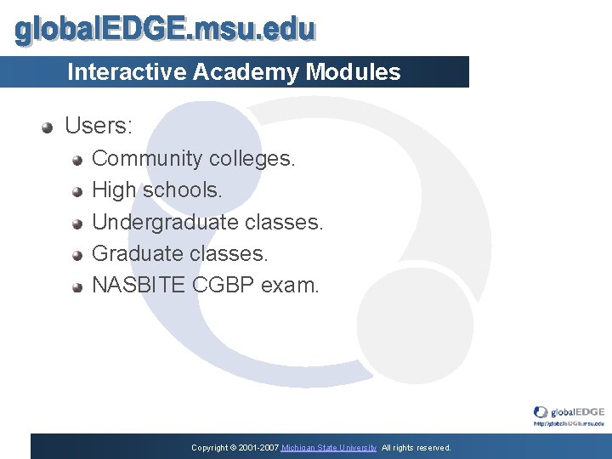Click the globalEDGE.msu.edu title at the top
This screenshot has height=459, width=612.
coord(166,31)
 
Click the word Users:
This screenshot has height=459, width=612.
coord(99,127)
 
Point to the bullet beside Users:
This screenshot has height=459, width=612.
coord(48,127)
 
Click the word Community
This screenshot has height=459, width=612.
coord(146,159)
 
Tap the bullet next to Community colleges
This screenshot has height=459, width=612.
coord(77,160)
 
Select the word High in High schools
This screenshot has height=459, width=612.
coord(114,190)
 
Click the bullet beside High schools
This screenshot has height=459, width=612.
coord(77,191)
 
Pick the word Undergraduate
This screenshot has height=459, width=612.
coord(165,223)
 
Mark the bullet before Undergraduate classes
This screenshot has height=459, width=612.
coord(77,224)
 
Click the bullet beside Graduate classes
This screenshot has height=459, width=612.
coord(77,255)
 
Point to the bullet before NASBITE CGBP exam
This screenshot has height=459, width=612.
coord(77,286)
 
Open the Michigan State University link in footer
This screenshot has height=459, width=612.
coord(329,448)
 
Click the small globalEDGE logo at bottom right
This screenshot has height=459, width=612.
coord(569,414)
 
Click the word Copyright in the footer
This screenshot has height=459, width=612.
coord(210,448)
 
